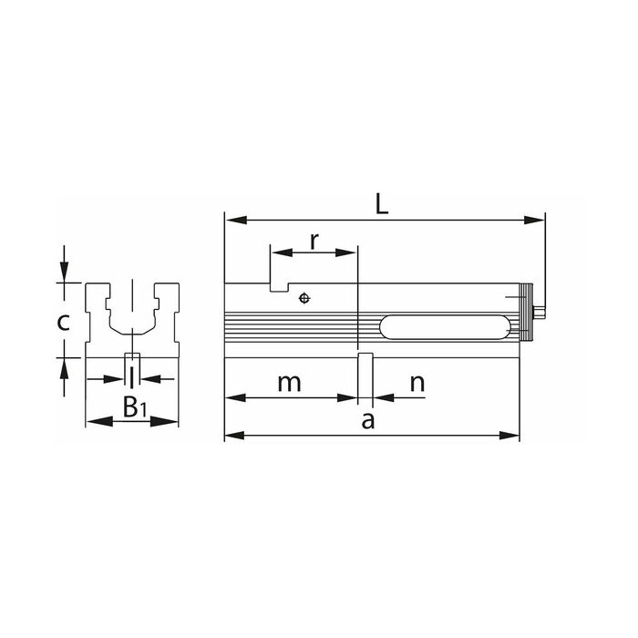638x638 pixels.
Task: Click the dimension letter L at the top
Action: point(381,204)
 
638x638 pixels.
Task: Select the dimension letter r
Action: point(314,242)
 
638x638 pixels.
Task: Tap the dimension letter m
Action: point(289,384)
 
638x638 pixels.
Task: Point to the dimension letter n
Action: point(417,384)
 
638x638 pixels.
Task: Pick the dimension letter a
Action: point(368,421)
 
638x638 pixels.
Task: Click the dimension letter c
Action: point(63,323)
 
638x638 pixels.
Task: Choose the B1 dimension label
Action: point(134,406)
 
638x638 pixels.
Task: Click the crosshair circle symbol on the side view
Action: point(304,298)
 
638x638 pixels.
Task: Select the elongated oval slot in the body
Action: point(445,326)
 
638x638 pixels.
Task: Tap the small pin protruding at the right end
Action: point(539,313)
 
